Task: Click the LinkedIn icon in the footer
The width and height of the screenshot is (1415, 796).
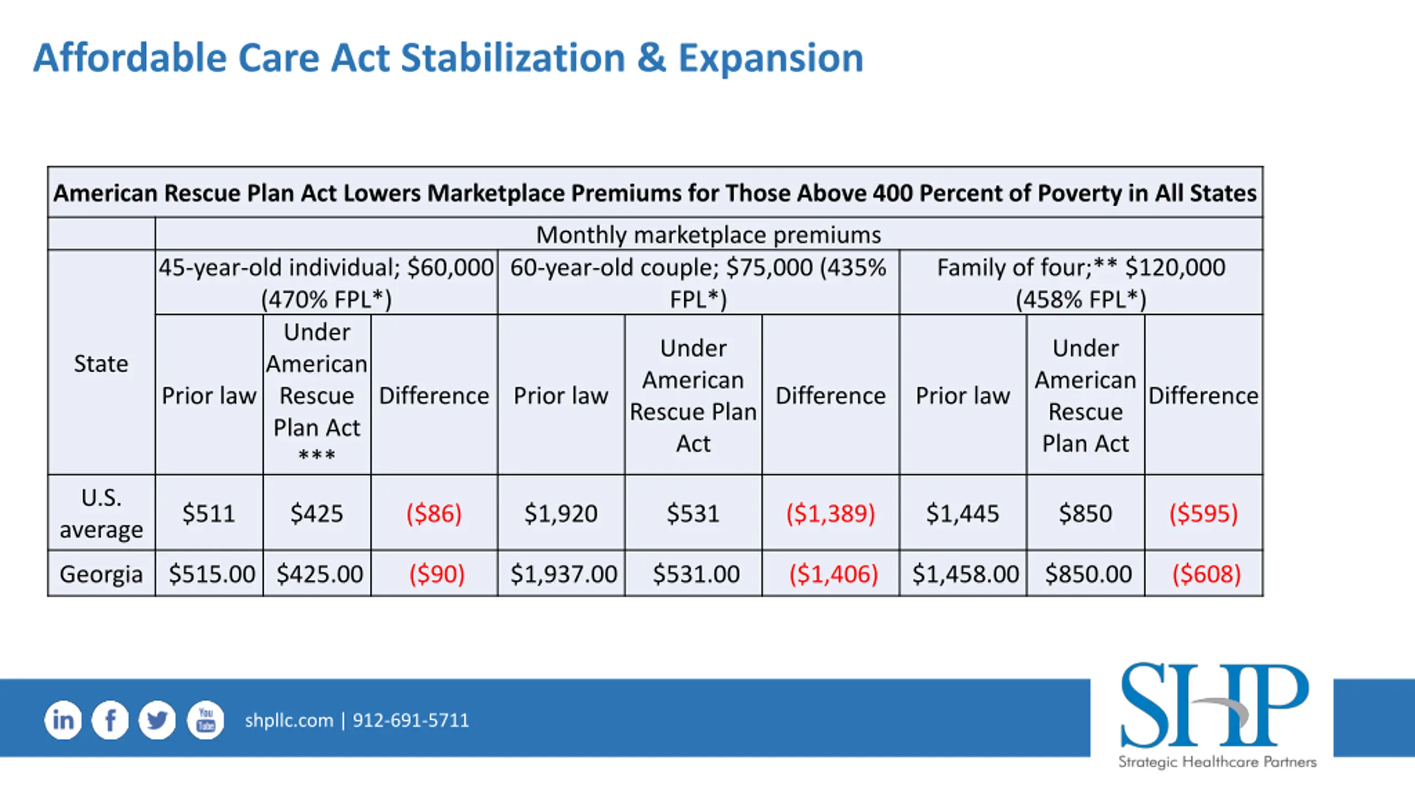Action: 63,720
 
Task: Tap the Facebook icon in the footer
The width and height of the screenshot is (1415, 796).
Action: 111,720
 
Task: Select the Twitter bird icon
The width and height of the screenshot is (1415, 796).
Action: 158,720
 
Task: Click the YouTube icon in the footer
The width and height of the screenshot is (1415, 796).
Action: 206,720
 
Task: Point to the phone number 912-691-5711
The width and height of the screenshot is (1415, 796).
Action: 411,720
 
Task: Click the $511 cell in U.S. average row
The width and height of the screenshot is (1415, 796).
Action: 209,514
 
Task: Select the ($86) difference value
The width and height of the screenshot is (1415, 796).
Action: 434,514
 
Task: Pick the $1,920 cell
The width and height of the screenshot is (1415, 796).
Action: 561,514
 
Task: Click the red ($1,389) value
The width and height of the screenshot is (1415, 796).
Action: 831,514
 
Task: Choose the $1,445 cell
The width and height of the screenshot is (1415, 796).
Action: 963,514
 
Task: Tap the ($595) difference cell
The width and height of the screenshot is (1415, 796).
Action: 1203,514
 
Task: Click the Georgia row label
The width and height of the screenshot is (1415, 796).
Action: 101,574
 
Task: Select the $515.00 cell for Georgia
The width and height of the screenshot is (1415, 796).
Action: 212,574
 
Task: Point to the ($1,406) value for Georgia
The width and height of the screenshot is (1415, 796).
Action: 834,574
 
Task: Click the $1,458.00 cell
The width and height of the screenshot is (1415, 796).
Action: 966,574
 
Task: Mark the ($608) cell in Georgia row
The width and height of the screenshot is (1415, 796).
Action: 1207,574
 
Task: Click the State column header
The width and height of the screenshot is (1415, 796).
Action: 101,364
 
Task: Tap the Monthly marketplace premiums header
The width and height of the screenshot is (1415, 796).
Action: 709,235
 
